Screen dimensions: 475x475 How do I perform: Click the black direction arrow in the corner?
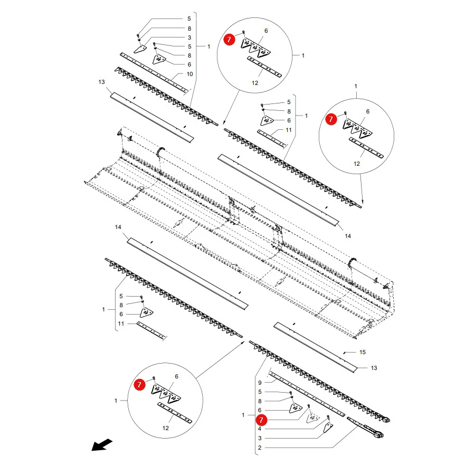pos(102,445)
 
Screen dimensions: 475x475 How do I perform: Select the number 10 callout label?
pos(189,74)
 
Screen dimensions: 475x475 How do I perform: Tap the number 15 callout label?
pos(363,352)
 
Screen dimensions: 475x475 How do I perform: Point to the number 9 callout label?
pos(260,383)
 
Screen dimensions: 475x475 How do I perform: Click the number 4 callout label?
pos(260,429)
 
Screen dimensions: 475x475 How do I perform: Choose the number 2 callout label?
pos(260,448)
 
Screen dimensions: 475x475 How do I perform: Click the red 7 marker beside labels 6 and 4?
pos(261,420)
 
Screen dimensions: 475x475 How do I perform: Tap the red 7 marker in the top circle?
pos(229,40)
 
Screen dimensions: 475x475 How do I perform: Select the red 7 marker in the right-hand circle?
pos(331,119)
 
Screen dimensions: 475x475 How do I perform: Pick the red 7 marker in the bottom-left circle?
pos(139,384)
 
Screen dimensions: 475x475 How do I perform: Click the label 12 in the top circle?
pos(255,83)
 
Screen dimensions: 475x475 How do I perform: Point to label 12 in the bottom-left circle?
pos(165,427)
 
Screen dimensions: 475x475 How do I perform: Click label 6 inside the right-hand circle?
pos(368,111)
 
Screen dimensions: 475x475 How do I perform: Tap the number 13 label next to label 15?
pos(374,368)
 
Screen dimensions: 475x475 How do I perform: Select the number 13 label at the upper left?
pos(101,82)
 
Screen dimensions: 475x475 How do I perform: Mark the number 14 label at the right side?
pos(348,236)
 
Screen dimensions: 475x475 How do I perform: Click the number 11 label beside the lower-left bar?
pos(121,324)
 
